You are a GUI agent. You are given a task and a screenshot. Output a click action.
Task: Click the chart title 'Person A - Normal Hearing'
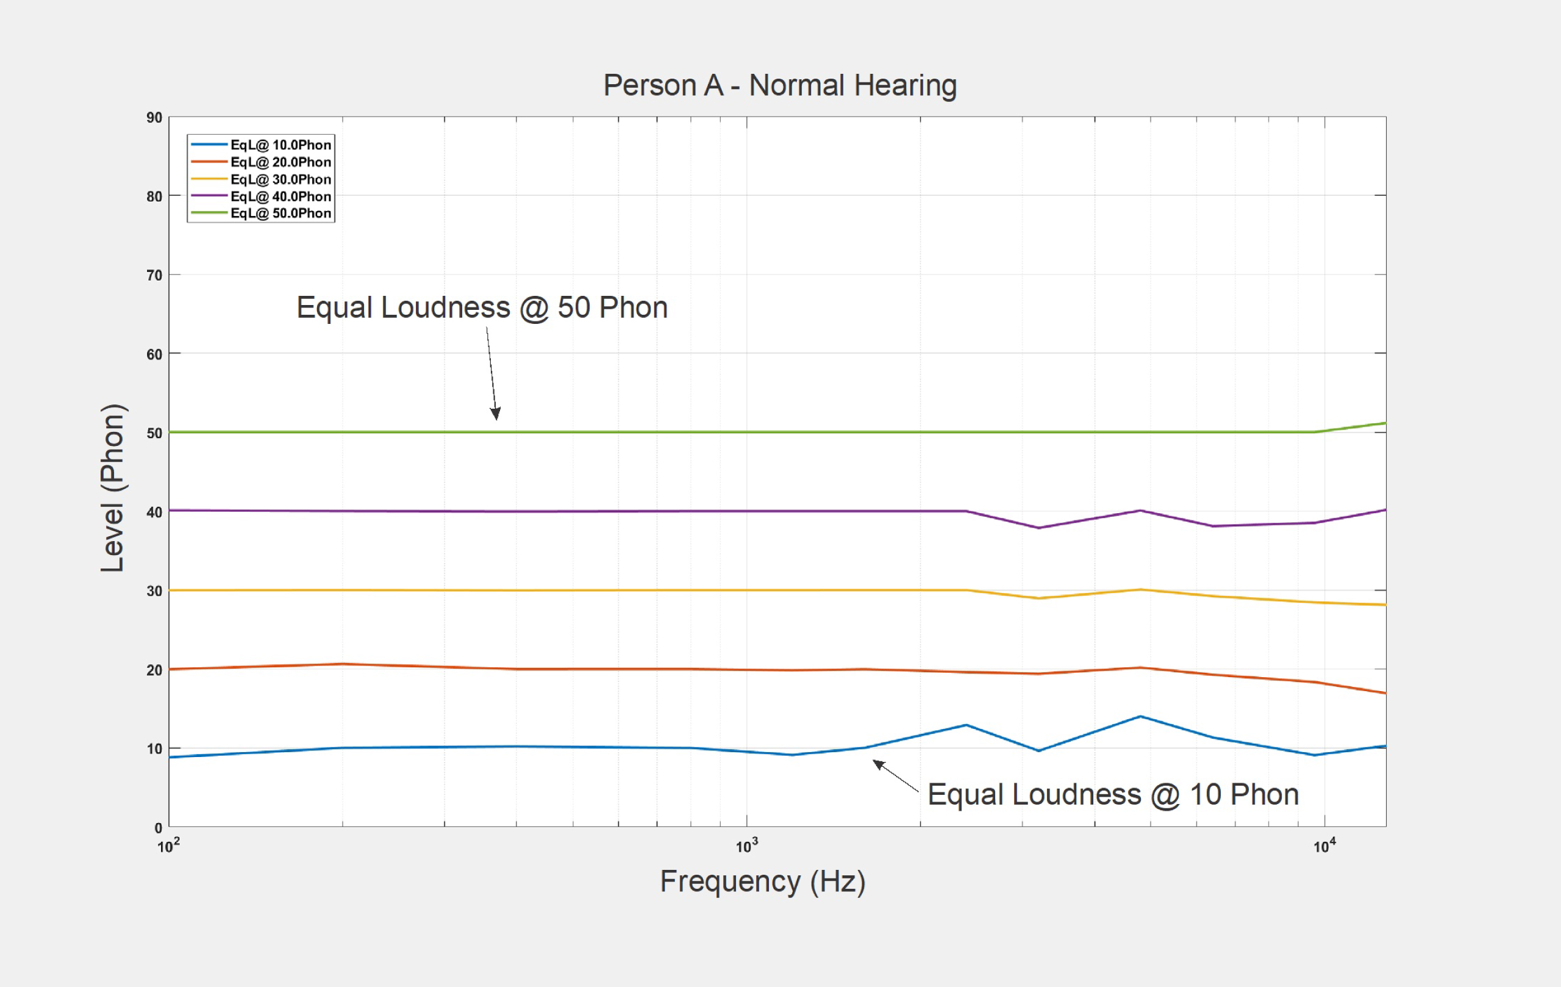[780, 85]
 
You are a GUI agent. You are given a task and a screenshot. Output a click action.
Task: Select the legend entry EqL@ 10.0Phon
[280, 145]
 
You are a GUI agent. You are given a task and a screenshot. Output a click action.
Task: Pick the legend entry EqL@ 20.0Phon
[280, 162]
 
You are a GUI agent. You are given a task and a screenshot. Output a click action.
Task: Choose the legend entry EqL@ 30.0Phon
[280, 179]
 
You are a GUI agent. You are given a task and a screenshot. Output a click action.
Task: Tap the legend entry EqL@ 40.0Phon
[280, 196]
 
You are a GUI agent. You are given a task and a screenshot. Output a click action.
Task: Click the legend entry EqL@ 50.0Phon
[280, 213]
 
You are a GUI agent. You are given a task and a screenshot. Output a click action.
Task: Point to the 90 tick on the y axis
[154, 117]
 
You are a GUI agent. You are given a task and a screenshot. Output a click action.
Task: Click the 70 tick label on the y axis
[154, 275]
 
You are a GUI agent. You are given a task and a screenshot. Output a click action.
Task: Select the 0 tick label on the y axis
[158, 828]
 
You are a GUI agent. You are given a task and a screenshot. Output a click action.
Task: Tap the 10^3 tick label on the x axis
[746, 846]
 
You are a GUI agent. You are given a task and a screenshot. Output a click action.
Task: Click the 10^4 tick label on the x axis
[1324, 846]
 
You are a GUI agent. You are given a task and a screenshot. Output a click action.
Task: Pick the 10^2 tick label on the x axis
[168, 846]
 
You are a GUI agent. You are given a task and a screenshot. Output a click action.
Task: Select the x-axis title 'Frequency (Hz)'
[762, 881]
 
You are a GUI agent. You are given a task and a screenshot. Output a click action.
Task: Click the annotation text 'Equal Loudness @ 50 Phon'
[482, 307]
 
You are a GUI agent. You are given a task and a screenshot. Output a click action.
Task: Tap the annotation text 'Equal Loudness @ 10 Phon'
[1113, 794]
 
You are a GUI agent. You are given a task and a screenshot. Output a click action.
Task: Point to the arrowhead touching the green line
[496, 414]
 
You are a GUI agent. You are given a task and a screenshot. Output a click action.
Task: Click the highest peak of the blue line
[1140, 717]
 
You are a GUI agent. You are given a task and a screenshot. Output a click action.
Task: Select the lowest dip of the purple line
[1039, 528]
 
